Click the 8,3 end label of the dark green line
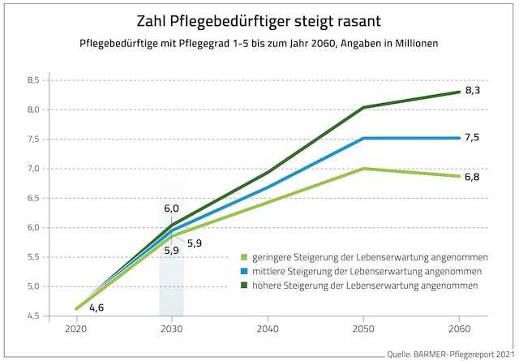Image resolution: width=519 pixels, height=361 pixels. (x=473, y=91)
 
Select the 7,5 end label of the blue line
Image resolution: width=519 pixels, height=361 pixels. (x=473, y=138)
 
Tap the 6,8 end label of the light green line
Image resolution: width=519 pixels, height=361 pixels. (x=473, y=176)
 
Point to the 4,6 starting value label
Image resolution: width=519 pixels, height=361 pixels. (x=96, y=308)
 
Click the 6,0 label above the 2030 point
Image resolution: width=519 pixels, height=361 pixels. (x=171, y=208)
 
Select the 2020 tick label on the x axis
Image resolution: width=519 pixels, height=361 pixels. (x=78, y=330)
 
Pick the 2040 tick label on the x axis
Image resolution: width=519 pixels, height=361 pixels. (x=268, y=330)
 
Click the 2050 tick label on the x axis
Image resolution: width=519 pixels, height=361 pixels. (x=364, y=330)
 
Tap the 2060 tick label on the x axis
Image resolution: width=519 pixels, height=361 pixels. (x=459, y=330)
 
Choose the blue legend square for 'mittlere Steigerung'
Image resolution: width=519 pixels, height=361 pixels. (x=244, y=271)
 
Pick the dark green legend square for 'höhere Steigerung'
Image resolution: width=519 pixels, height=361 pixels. (x=244, y=286)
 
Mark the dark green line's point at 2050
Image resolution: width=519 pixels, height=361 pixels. (x=364, y=107)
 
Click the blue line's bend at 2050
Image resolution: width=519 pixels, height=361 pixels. (x=364, y=138)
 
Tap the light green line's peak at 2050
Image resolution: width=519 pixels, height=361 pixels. (x=364, y=169)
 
